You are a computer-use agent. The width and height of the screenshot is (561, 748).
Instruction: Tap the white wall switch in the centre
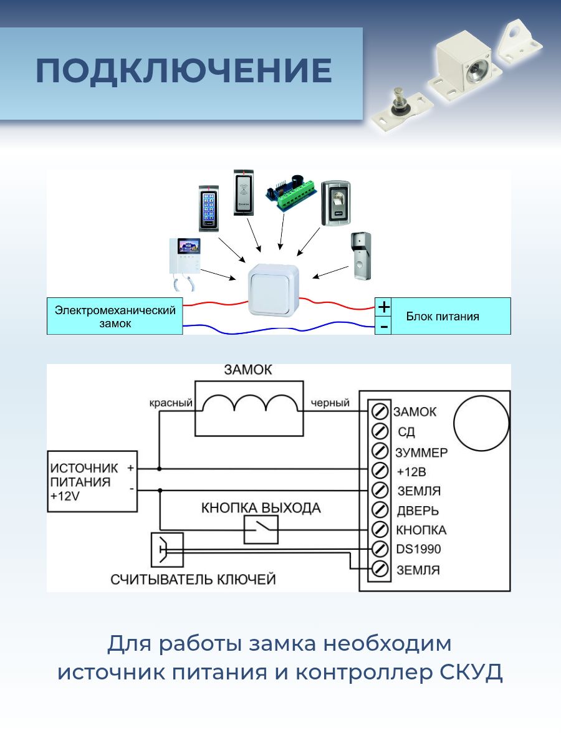pos(274,290)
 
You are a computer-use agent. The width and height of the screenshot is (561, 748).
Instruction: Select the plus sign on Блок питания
pos(384,307)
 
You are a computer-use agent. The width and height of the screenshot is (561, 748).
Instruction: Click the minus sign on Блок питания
pos(384,326)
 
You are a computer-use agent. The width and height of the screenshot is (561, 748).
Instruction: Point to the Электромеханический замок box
pos(115,316)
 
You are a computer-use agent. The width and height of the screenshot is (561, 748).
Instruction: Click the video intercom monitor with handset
pos(185,262)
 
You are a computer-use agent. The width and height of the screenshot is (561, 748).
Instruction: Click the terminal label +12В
pos(411,471)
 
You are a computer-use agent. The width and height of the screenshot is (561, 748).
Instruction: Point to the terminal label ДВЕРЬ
pos(418,511)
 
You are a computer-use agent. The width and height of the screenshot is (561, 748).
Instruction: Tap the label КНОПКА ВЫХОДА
pos(261,508)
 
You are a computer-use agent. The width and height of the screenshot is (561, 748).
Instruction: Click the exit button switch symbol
pos(261,530)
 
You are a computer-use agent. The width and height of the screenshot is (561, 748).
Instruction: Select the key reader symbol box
pos(167,549)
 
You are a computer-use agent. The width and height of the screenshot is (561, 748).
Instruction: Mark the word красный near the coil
pos(170,403)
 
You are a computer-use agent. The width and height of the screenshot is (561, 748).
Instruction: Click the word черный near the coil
pos(330,403)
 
